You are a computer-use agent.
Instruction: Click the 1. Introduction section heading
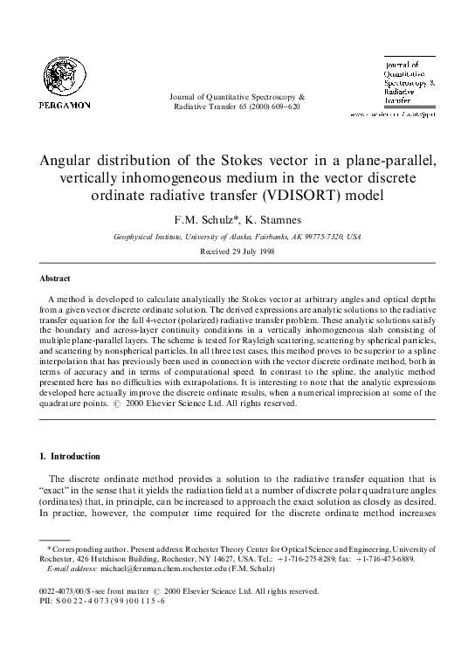[x=70, y=456]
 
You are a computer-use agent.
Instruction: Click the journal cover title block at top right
[x=408, y=83]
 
